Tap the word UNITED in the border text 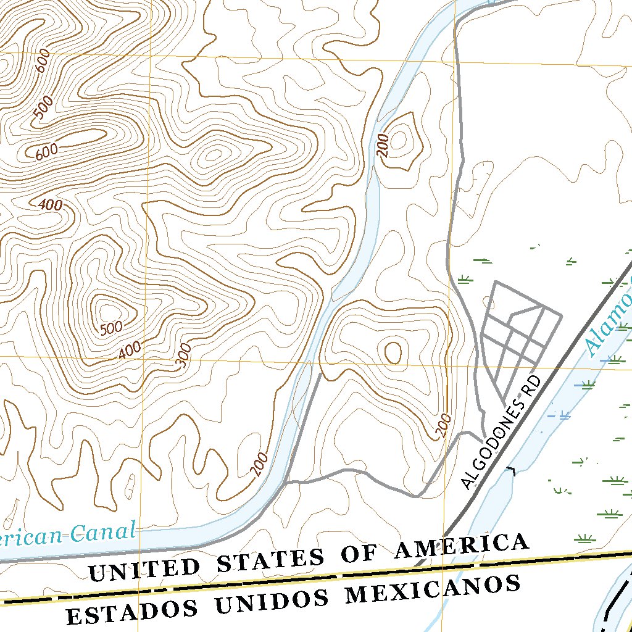pyautogui.click(x=144, y=568)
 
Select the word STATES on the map pyautogui.click(x=270, y=559)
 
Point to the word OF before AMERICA pyautogui.click(x=366, y=552)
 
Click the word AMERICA pyautogui.click(x=462, y=545)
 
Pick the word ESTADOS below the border pyautogui.click(x=132, y=611)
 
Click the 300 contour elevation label pyautogui.click(x=184, y=357)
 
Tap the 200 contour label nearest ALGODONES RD pyautogui.click(x=444, y=426)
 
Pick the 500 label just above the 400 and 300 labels pyautogui.click(x=111, y=328)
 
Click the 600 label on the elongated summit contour pyautogui.click(x=46, y=151)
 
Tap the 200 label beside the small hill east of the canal pyautogui.click(x=383, y=146)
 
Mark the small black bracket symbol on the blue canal pyautogui.click(x=510, y=471)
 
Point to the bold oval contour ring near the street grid pyautogui.click(x=393, y=352)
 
